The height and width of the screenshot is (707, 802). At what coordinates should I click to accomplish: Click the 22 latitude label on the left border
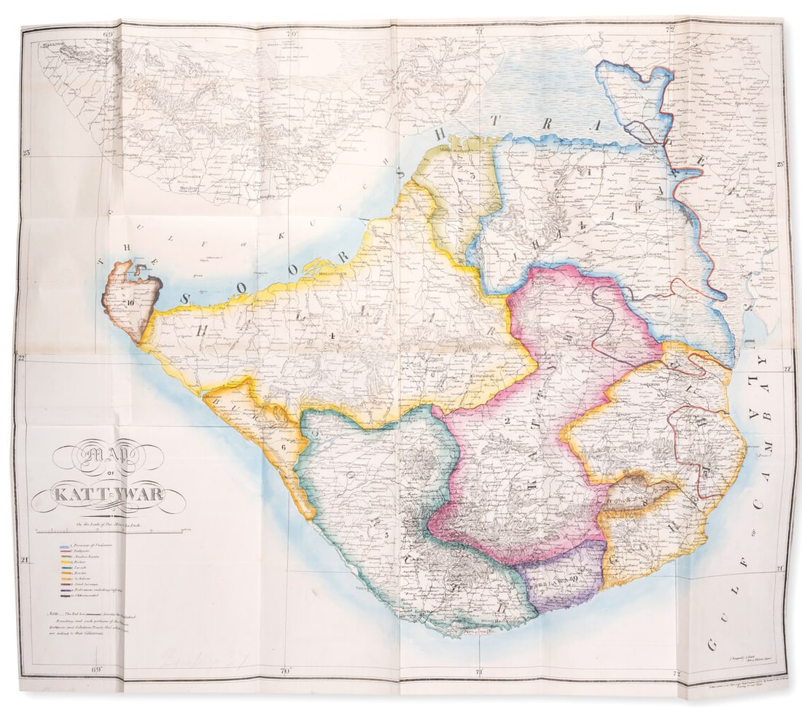pos(22,357)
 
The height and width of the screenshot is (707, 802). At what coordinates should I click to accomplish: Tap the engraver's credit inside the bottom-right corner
pos(736,658)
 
